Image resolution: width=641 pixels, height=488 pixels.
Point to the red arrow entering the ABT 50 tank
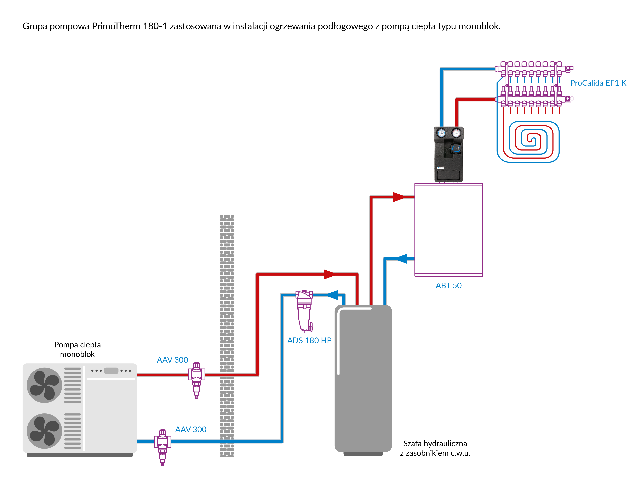click(399, 197)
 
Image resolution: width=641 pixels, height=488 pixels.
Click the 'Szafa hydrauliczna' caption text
click(435, 443)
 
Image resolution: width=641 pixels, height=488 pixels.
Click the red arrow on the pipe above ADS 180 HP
click(330, 274)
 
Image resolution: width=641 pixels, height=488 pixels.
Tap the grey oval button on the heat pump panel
click(111, 371)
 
